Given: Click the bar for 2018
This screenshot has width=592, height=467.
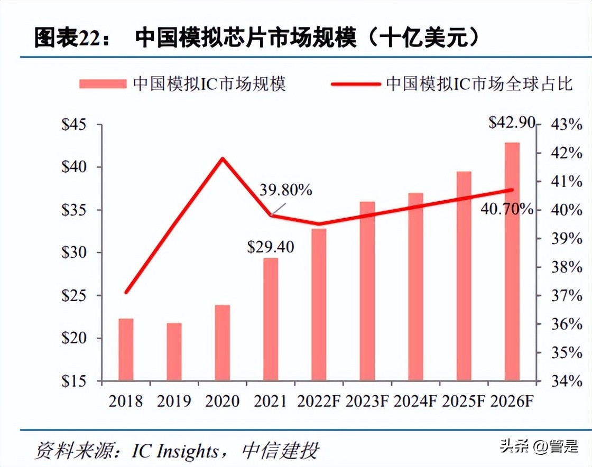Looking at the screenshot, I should coord(126,349).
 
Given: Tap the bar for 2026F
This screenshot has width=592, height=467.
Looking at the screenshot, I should coord(512,261).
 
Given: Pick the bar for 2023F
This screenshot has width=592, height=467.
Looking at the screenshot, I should coord(367,291).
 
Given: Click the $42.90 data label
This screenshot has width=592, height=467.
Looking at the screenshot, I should coord(512,123).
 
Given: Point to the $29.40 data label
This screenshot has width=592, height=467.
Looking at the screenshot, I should coord(271,247).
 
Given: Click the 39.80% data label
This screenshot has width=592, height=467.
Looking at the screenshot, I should coord(285,190).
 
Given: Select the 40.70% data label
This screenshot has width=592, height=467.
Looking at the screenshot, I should coord(506,209).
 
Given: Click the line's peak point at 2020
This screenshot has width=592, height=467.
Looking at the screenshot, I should coord(223,158).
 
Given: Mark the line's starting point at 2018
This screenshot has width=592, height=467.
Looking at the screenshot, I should coord(126,292).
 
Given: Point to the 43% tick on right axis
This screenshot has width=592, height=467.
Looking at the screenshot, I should coord(567,125).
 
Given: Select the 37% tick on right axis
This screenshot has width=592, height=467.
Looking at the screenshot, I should coord(567,295).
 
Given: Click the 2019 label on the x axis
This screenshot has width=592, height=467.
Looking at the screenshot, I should coord(174,401).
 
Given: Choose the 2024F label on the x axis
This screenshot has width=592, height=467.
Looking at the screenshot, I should coord(415,401).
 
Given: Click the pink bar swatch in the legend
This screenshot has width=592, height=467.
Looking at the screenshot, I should coord(103,83).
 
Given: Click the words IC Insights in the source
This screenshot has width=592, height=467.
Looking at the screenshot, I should coord(175,451).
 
